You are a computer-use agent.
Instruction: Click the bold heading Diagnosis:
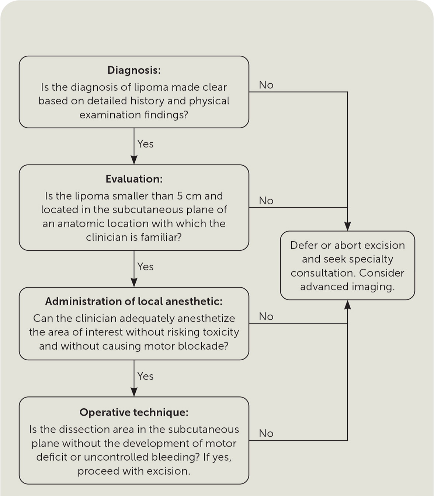[134, 70]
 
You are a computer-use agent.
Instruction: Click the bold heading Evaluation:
[134, 179]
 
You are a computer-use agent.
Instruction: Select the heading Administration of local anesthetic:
[134, 301]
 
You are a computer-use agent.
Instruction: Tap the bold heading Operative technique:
[134, 412]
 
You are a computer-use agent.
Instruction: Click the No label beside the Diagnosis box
[266, 85]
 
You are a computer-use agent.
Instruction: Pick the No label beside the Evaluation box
[266, 201]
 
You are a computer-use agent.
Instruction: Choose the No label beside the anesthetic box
[266, 316]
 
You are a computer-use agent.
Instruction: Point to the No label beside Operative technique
[266, 433]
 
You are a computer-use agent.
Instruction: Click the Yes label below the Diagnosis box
[145, 144]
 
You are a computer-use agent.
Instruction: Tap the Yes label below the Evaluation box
[145, 267]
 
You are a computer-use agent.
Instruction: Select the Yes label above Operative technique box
[145, 376]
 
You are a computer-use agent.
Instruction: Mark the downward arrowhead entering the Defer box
[347, 226]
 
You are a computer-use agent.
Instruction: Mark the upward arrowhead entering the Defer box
[347, 305]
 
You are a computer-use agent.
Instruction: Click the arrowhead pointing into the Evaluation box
[134, 160]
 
